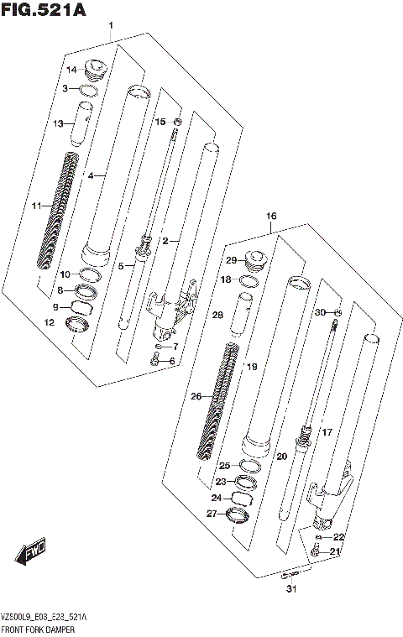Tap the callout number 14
tap(72, 70)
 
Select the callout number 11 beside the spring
tap(36, 206)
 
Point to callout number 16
tap(271, 217)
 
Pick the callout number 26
tap(196, 397)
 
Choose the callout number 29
tap(230, 262)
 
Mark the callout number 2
tap(165, 241)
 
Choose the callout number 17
tap(327, 433)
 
